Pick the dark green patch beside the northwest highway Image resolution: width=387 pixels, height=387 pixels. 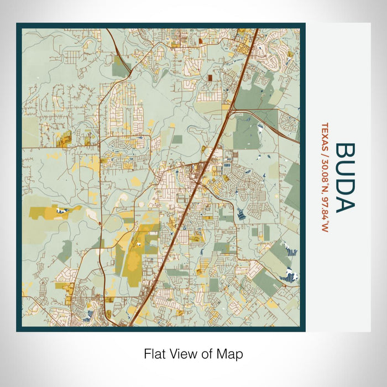click(122, 69)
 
